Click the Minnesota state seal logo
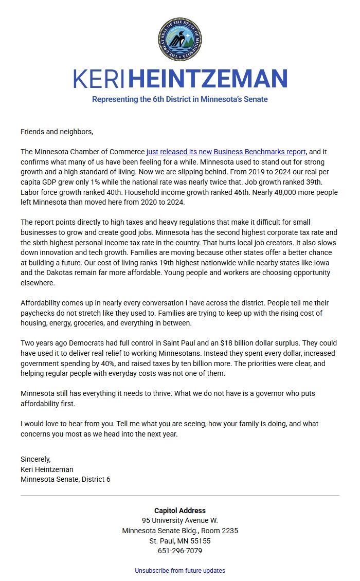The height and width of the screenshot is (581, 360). tap(179, 39)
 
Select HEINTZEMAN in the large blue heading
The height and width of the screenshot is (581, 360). tap(207, 79)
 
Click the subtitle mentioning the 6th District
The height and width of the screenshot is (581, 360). tap(179, 99)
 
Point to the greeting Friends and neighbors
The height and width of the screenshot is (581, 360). tap(57, 132)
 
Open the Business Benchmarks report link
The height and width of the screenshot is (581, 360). tap(226, 152)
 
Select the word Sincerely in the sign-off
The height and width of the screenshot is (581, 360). tap(35, 459)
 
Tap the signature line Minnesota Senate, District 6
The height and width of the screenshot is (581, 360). tap(65, 479)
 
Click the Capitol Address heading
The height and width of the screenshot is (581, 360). tap(179, 511)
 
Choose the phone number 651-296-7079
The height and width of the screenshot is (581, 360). tap(179, 551)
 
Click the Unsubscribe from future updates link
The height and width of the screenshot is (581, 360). tap(179, 571)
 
